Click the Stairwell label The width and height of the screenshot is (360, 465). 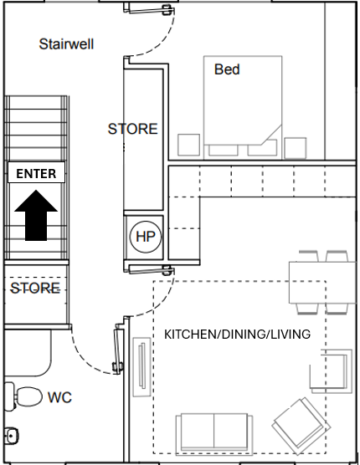pos(66,43)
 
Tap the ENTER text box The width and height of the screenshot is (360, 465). pos(36,174)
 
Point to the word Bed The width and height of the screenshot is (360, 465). pos(227,69)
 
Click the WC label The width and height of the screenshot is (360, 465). pos(59,397)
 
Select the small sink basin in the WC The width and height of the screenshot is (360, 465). pos(12,436)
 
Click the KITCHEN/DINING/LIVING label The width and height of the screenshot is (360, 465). pos(237,335)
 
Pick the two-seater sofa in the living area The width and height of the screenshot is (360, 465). pos(214,432)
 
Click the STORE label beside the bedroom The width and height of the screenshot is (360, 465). pos(132,129)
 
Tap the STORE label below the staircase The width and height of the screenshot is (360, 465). pos(34,289)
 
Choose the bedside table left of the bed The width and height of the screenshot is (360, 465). pos(188,146)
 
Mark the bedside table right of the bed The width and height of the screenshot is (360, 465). pos(296,146)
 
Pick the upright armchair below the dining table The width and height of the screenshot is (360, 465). pos(333,372)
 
